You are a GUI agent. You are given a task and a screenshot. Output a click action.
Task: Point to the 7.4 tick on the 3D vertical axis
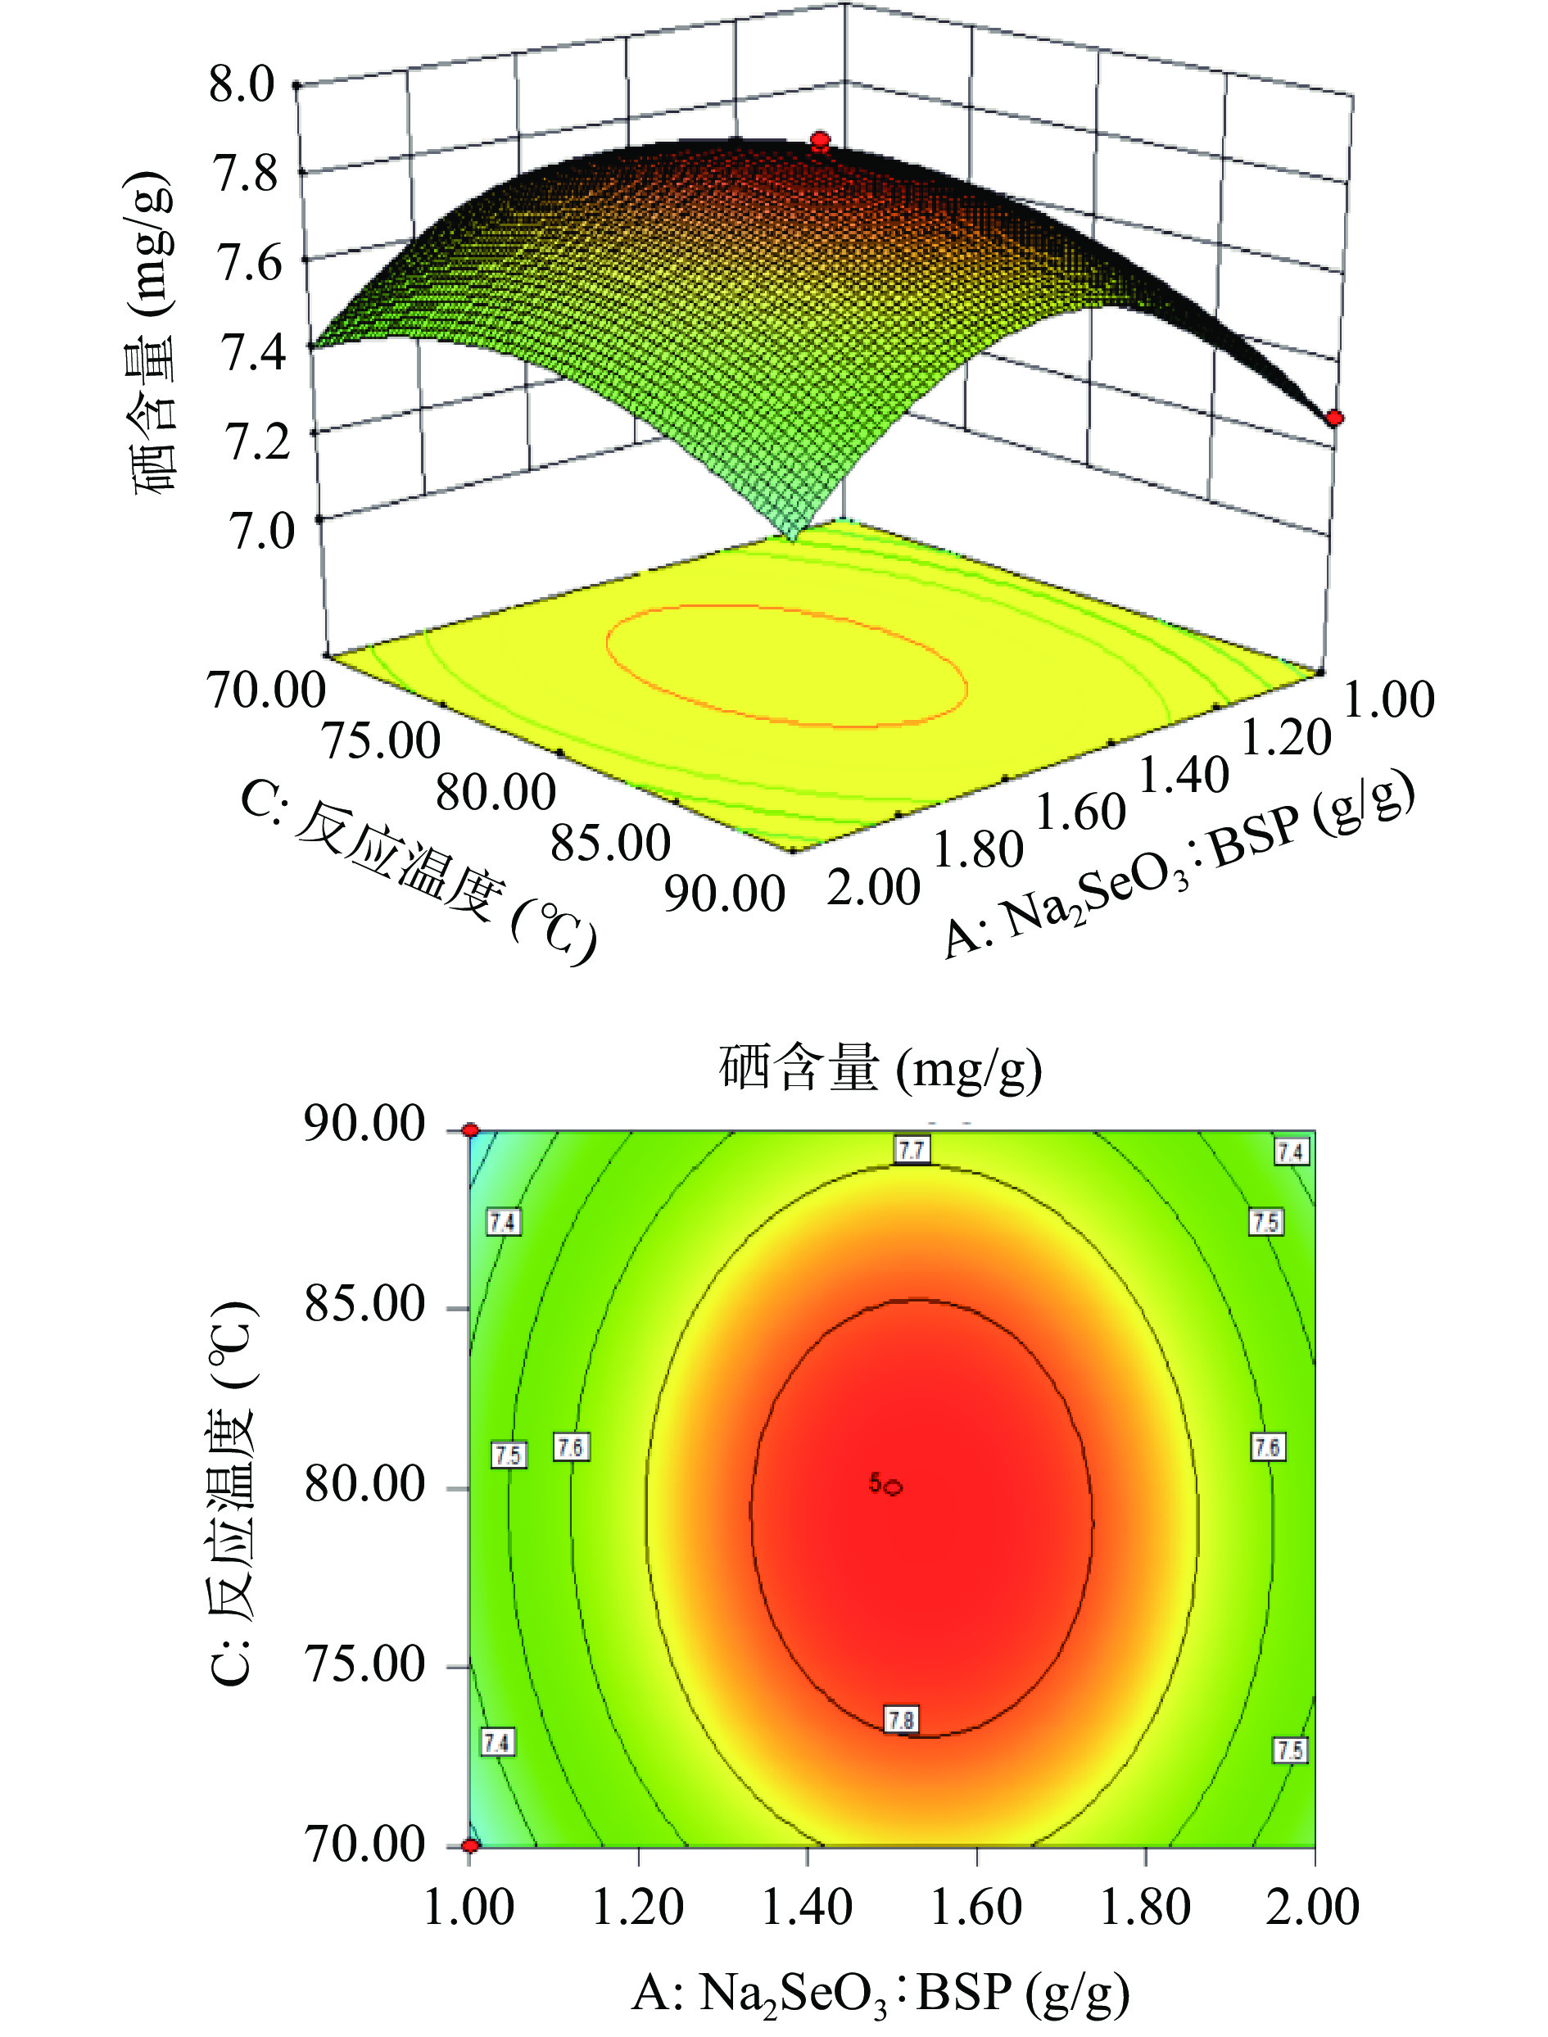[x=250, y=352]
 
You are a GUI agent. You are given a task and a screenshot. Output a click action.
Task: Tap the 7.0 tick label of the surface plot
[x=260, y=532]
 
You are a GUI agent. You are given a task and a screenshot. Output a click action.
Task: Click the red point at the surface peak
[x=819, y=142]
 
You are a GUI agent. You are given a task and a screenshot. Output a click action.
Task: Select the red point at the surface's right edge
[x=1334, y=419]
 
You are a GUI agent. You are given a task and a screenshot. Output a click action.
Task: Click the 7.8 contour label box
[x=900, y=1720]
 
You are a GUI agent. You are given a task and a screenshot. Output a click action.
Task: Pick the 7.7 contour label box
[x=912, y=1150]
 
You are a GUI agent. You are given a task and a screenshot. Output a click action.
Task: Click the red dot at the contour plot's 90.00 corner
[x=471, y=1130]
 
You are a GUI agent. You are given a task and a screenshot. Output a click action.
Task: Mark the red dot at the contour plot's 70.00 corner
[x=471, y=1845]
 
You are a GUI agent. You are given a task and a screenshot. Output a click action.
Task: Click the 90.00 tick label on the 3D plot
[x=724, y=894]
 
